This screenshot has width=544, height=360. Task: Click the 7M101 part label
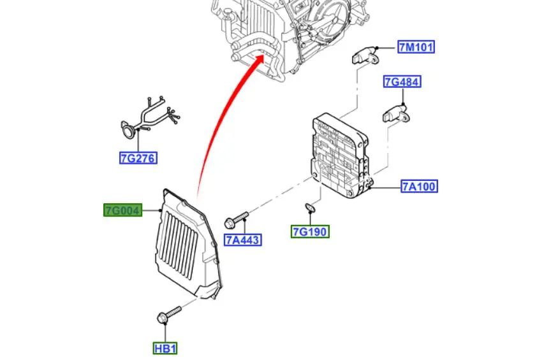coord(416,47)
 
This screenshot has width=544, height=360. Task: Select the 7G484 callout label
coord(402,82)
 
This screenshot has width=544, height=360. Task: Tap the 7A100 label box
coord(419,187)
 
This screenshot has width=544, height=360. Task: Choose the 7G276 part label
coord(138,158)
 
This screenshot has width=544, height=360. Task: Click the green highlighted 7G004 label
coord(122,210)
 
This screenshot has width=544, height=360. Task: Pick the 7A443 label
coord(243,240)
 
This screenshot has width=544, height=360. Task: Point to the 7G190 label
coord(311,232)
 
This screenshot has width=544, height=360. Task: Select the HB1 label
coord(165,349)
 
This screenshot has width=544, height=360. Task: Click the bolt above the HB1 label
coord(167,314)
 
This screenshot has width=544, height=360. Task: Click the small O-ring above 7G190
coord(310,207)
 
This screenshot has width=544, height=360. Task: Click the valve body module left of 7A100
coord(341,155)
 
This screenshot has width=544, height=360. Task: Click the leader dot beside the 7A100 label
coord(371,187)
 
